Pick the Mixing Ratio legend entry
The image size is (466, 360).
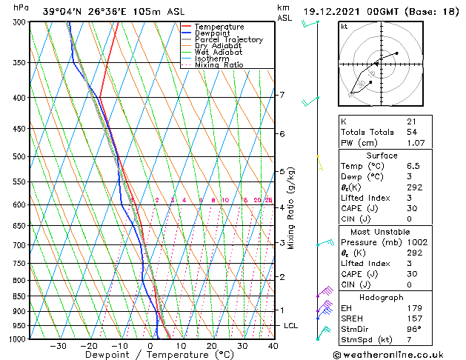click(x=219, y=65)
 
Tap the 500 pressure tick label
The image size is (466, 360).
click(x=20, y=157)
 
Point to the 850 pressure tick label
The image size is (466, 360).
click(x=20, y=296)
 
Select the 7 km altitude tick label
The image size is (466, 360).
click(x=282, y=95)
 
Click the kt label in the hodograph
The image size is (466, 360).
click(x=344, y=27)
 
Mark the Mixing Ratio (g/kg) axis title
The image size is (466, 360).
click(x=291, y=208)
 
